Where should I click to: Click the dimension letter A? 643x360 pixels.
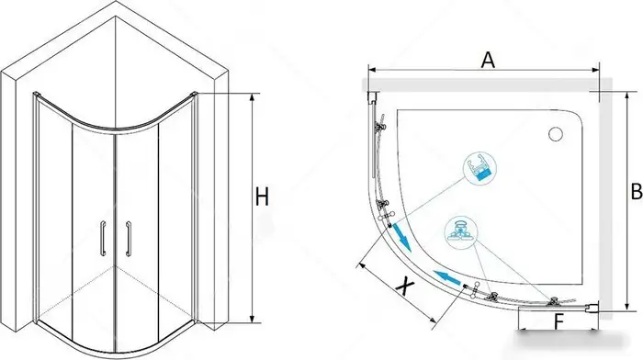coord(488,60)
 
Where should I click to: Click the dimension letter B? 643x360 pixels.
coord(636,191)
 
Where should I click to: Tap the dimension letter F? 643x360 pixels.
coord(558,322)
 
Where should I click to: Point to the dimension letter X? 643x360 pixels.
coord(405,286)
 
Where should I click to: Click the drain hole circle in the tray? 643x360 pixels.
coord(555,134)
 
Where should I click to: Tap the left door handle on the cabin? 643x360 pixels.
coord(103,238)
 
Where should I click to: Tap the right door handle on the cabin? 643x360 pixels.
coord(129,238)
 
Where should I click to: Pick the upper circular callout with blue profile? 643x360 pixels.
coord(479,168)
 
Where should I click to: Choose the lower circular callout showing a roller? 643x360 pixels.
coord(462,233)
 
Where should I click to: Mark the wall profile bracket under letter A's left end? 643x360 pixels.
coord(372,96)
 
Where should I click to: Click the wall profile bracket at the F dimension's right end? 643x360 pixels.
coord(592,309)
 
